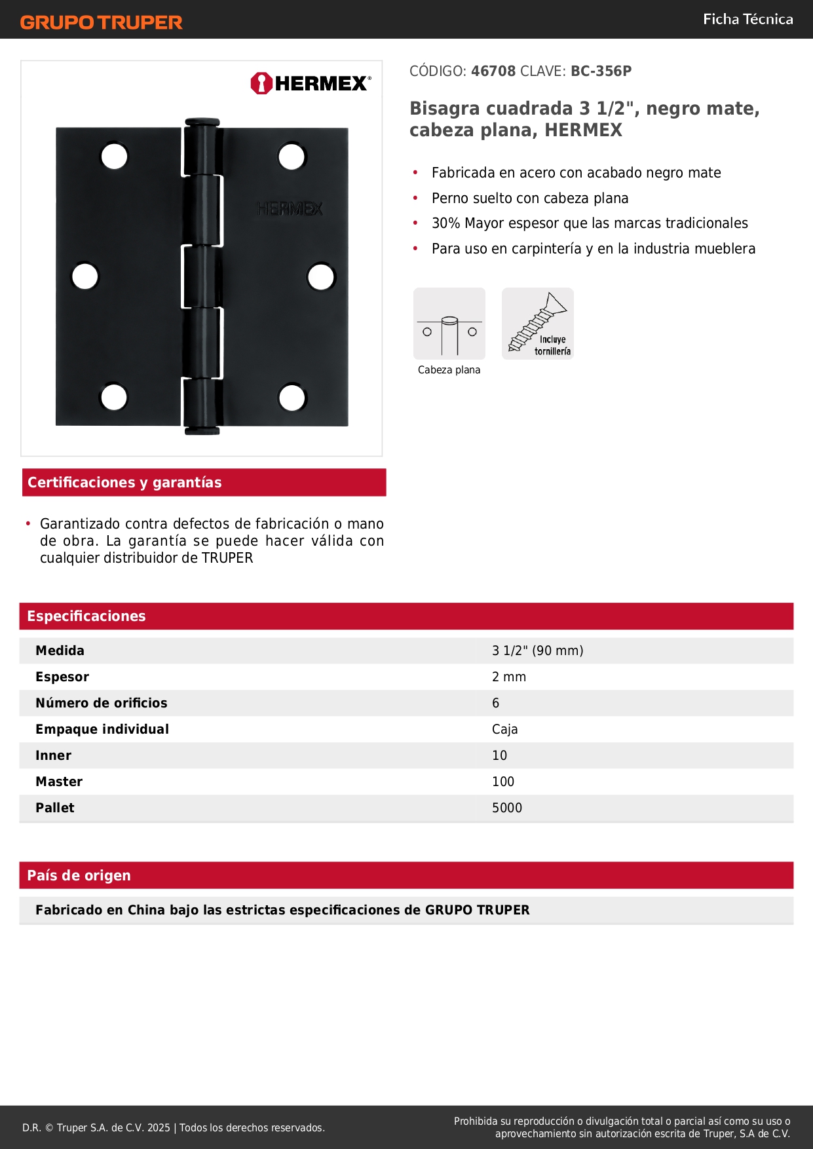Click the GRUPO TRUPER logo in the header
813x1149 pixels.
pyautogui.click(x=101, y=22)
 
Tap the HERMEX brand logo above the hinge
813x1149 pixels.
pyautogui.click(x=311, y=83)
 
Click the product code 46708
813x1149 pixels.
pyautogui.click(x=493, y=71)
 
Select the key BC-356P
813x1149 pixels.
pyautogui.click(x=601, y=71)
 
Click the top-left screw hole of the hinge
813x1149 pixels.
pyautogui.click(x=114, y=157)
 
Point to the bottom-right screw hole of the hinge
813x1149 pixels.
pyautogui.click(x=292, y=398)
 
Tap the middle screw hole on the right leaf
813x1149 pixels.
pyautogui.click(x=321, y=276)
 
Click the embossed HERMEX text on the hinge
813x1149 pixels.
pyautogui.click(x=290, y=209)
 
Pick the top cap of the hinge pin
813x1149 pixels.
pyautogui.click(x=202, y=122)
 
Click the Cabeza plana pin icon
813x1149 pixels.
pyautogui.click(x=449, y=324)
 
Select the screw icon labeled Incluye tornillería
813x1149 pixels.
pyautogui.click(x=538, y=324)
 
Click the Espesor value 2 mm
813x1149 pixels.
pyautogui.click(x=509, y=677)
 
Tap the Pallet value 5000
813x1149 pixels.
pyautogui.click(x=507, y=808)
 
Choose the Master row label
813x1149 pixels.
pyautogui.click(x=59, y=782)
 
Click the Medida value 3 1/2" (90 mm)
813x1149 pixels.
pyautogui.click(x=537, y=650)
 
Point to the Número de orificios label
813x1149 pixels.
pyautogui.click(x=102, y=703)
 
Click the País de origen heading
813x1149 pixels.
pyautogui.click(x=79, y=875)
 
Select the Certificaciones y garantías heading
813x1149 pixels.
pyautogui.click(x=124, y=482)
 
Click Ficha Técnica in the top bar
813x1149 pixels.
pyautogui.click(x=747, y=19)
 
